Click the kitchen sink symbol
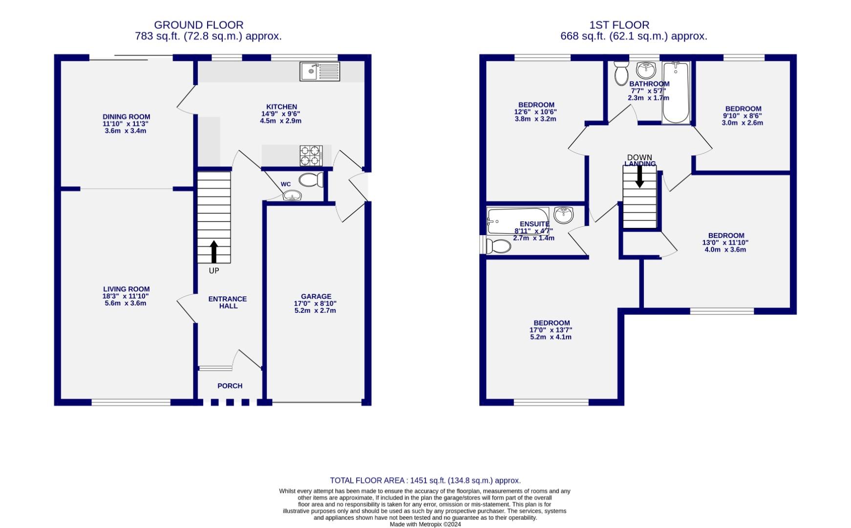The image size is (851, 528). tap(320, 71)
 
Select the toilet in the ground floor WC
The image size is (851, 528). tap(311, 180)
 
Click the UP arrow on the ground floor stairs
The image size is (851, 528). tap(213, 251)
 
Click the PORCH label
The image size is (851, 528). tap(230, 386)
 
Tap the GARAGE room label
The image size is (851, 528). tap(316, 296)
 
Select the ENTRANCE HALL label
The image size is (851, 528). tap(228, 302)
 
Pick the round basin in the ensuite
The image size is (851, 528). tap(564, 215)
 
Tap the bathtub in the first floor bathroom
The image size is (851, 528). tap(676, 93)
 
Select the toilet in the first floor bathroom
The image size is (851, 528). tap(621, 73)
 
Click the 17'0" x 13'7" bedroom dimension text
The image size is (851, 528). tap(551, 330)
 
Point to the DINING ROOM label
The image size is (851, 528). tap(126, 117)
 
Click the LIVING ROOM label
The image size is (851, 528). tap(126, 289)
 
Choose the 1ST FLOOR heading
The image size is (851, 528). tap(619, 25)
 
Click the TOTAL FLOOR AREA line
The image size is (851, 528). tap(425, 481)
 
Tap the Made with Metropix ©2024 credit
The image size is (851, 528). tap(425, 524)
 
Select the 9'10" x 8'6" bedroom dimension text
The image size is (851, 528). tap(742, 116)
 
